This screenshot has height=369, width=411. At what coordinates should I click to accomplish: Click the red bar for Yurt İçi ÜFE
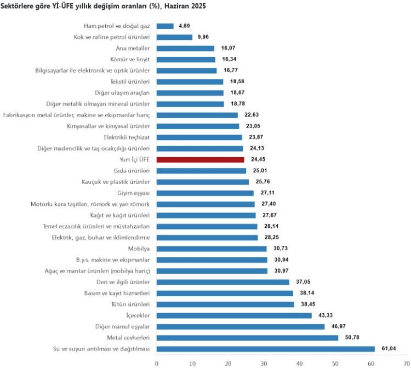[200, 159]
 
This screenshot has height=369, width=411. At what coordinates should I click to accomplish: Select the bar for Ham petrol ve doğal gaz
[165, 26]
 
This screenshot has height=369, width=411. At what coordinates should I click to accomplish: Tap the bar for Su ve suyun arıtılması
[266, 349]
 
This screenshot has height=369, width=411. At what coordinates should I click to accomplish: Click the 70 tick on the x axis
[407, 363]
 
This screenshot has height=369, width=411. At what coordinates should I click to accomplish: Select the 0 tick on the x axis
[157, 363]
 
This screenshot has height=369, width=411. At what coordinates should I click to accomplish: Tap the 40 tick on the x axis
[299, 363]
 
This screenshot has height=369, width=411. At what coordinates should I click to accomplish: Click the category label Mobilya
[139, 249]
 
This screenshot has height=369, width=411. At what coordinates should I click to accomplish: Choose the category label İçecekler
[138, 315]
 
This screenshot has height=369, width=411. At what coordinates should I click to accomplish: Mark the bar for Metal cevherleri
[247, 338]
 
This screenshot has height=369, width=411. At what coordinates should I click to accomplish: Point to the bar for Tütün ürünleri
[225, 304]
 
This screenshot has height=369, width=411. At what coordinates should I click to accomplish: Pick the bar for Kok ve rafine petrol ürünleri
[174, 37]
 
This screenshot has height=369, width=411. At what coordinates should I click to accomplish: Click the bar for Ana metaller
[185, 48]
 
